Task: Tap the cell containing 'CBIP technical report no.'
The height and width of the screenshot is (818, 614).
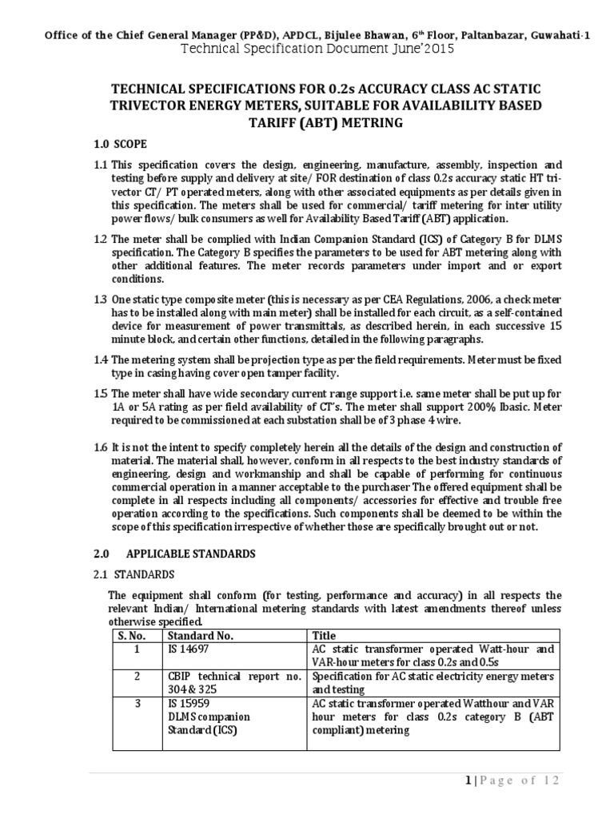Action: tap(233, 677)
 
